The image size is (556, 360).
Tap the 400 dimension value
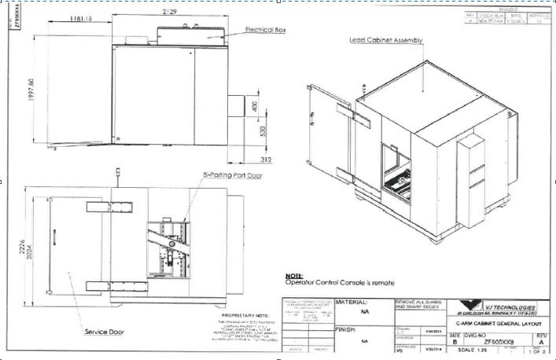coord(253,105)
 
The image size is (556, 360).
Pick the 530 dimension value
coord(253,131)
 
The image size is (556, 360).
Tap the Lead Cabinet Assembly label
coord(386,39)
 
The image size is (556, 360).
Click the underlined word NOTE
coord(293,276)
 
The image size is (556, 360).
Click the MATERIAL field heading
coord(352,302)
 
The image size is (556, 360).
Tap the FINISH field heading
coord(347,329)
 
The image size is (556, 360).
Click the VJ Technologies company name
coord(510,307)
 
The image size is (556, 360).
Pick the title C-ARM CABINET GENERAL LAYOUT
coord(498,324)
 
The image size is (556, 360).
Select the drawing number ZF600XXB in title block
coord(499,342)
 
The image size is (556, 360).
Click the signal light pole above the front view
coord(118,172)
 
